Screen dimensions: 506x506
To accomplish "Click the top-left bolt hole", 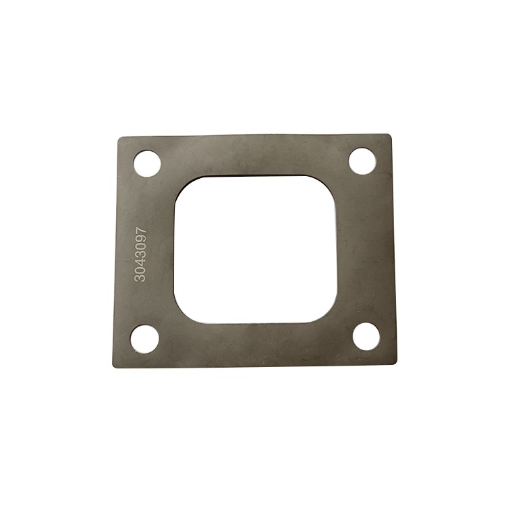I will coord(147,163).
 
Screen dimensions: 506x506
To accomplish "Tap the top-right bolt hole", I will coord(362,161).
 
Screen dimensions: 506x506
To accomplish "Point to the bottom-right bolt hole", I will coord(367,336).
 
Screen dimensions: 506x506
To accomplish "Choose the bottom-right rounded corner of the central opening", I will coord(331,309).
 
